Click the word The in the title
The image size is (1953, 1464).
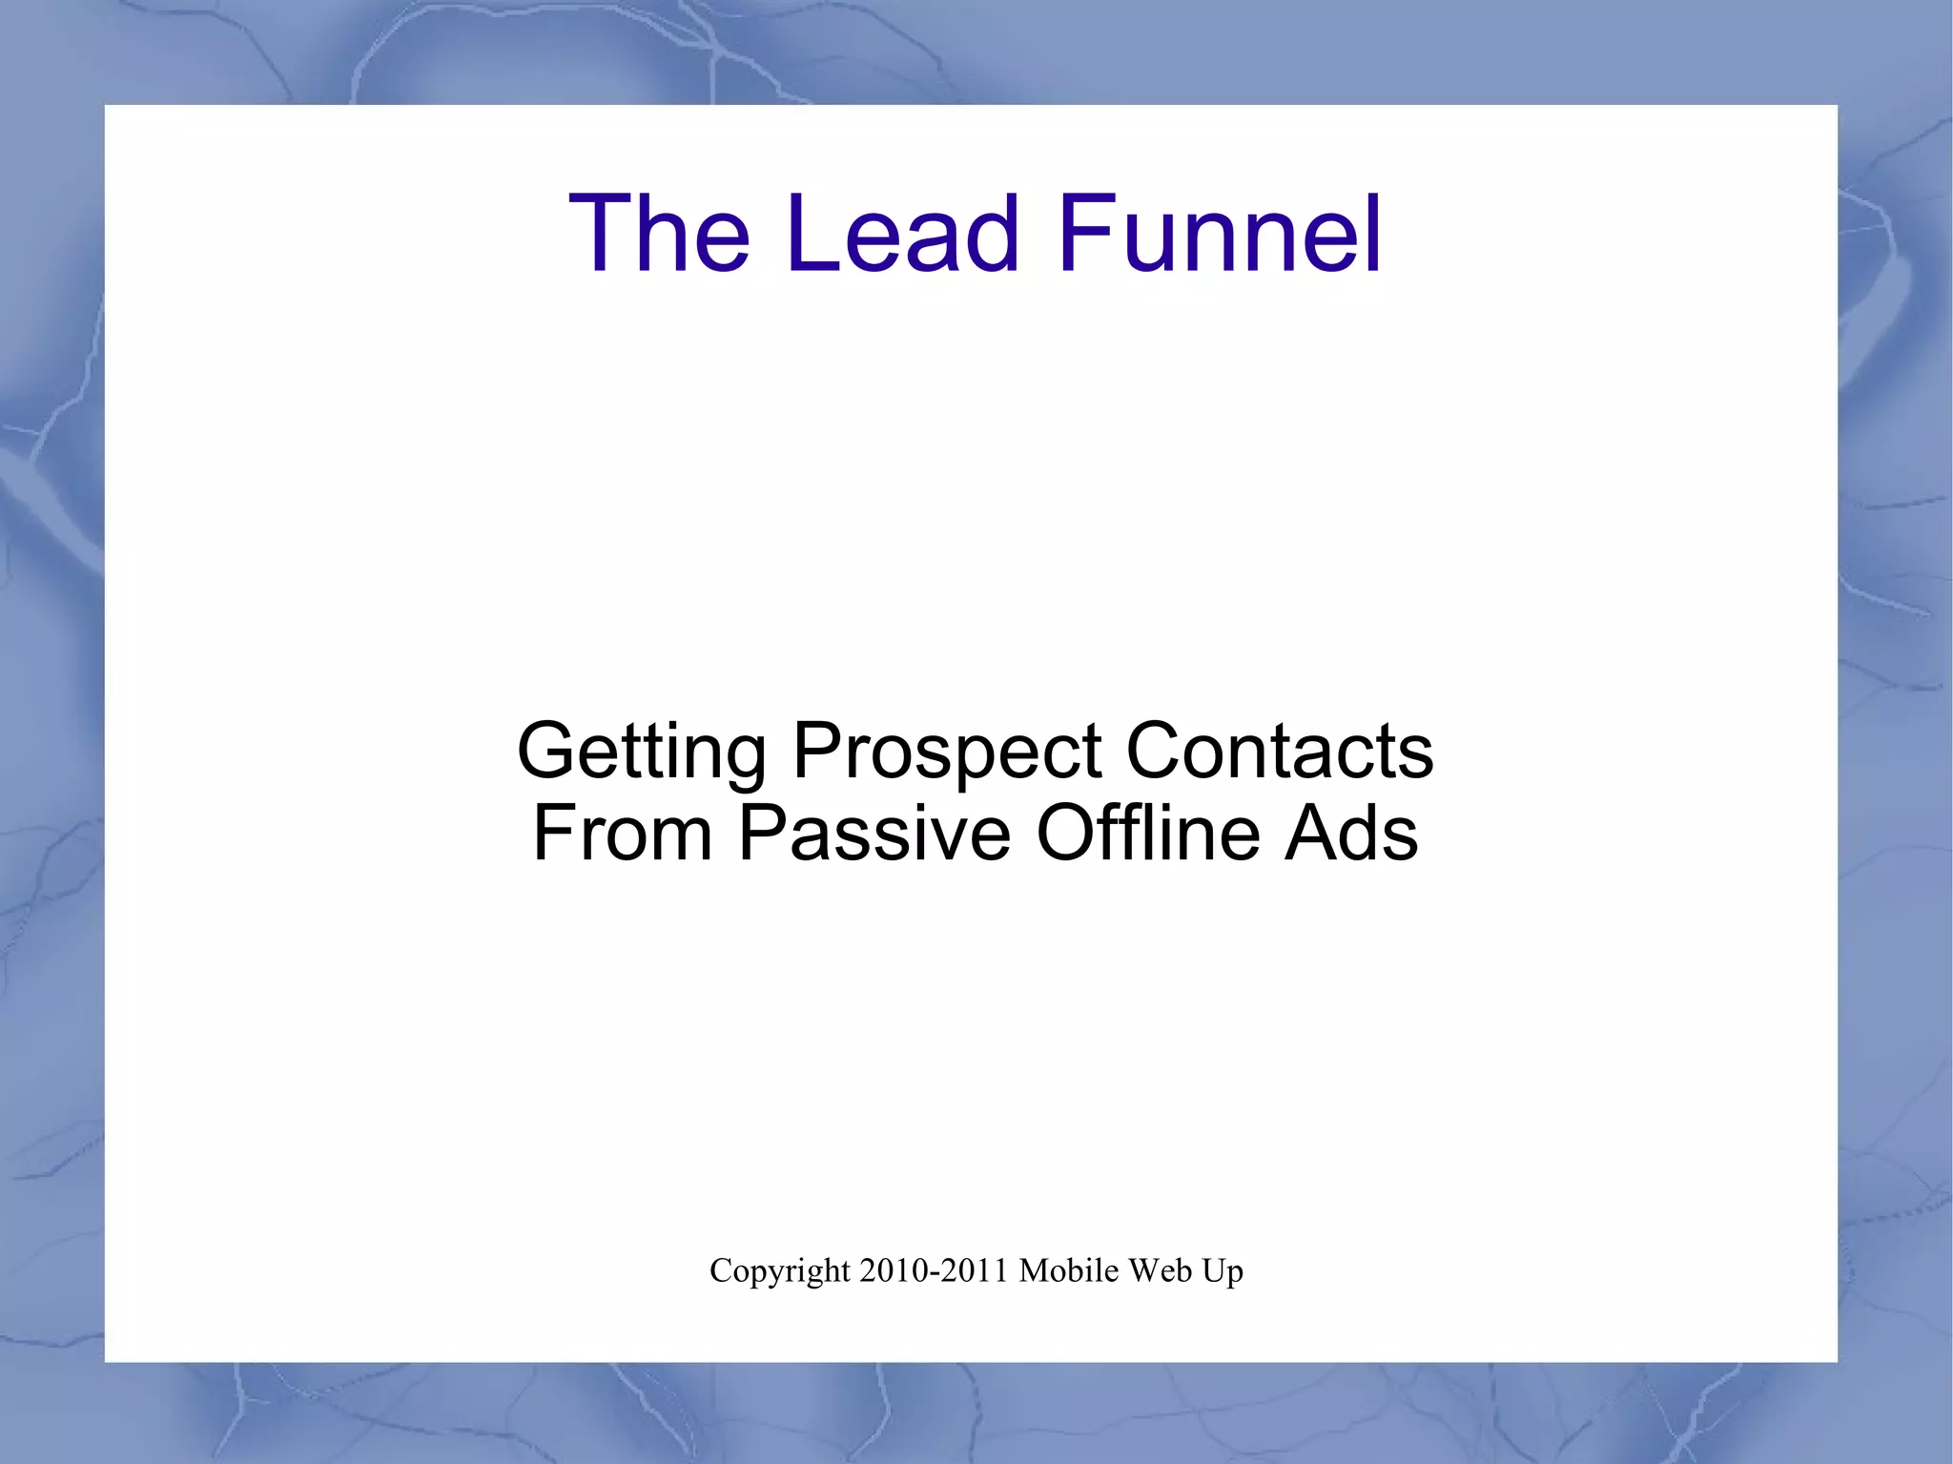[x=659, y=234]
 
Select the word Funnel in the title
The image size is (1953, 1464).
[x=1220, y=234]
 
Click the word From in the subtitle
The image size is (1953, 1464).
[x=622, y=833]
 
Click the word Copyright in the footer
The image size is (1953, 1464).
[x=779, y=1271]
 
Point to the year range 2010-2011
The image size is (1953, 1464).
[x=934, y=1270]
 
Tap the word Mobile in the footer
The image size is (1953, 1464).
[x=1068, y=1270]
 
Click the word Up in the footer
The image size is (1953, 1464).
[x=1223, y=1271]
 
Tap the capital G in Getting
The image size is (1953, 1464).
[x=547, y=751]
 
